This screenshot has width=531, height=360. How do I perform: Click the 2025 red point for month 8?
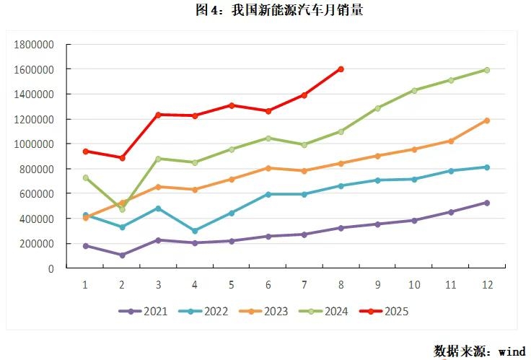click(x=341, y=69)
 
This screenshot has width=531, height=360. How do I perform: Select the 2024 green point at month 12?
click(x=487, y=70)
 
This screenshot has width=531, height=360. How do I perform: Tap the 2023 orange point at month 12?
click(x=487, y=120)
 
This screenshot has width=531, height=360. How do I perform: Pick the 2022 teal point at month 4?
click(x=195, y=231)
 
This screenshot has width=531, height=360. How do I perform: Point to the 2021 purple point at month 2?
click(x=122, y=255)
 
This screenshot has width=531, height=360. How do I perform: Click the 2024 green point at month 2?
click(x=122, y=209)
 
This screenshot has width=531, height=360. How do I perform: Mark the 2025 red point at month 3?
click(x=158, y=115)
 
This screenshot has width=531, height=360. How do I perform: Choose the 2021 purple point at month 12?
click(x=487, y=203)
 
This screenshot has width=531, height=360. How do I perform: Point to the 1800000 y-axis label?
click(x=35, y=45)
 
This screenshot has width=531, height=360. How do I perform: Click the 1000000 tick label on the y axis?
click(x=35, y=144)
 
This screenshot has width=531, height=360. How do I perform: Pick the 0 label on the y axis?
click(x=51, y=269)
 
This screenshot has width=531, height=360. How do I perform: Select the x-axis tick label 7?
click(x=304, y=285)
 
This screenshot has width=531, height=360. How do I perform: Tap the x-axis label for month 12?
click(x=487, y=285)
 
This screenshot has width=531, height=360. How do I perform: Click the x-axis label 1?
click(x=85, y=285)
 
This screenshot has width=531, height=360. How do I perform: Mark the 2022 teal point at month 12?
click(x=487, y=167)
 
